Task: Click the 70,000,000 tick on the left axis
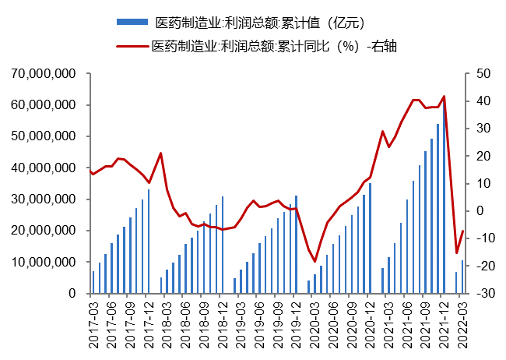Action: click(x=45, y=73)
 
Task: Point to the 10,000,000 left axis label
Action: click(x=45, y=262)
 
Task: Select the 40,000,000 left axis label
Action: click(x=45, y=168)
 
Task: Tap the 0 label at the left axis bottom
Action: click(x=72, y=294)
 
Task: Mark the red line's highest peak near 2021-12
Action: click(x=444, y=97)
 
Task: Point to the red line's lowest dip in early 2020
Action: click(x=315, y=261)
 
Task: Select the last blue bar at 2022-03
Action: click(x=462, y=277)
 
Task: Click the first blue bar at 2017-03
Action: click(x=93, y=282)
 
